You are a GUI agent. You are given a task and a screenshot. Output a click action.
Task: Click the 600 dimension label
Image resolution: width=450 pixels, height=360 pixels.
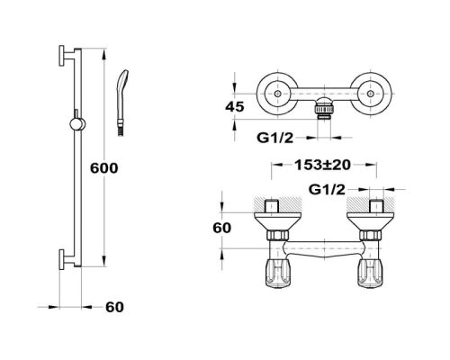pos(104,168)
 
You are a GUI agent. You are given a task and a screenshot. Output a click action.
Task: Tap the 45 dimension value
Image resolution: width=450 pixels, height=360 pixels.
pos(235,106)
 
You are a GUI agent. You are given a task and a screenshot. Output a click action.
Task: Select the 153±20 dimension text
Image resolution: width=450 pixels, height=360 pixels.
pos(323,165)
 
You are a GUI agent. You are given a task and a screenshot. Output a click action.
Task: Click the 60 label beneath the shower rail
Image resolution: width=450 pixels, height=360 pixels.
pos(114,307)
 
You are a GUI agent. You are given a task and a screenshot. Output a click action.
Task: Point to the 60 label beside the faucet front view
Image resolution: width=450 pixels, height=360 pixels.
pos(222,228)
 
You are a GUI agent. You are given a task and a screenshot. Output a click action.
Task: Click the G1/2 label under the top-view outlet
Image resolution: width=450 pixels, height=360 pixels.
pos(274,138)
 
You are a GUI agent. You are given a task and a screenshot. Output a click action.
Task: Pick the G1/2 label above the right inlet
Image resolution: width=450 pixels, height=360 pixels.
pos(327,190)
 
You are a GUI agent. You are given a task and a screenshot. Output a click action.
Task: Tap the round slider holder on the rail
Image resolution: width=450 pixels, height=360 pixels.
pos(77,124)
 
